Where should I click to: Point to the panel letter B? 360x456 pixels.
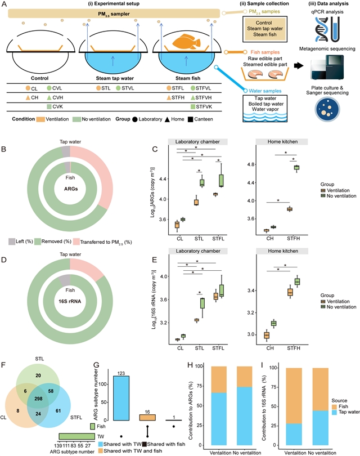pos(4,150)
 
